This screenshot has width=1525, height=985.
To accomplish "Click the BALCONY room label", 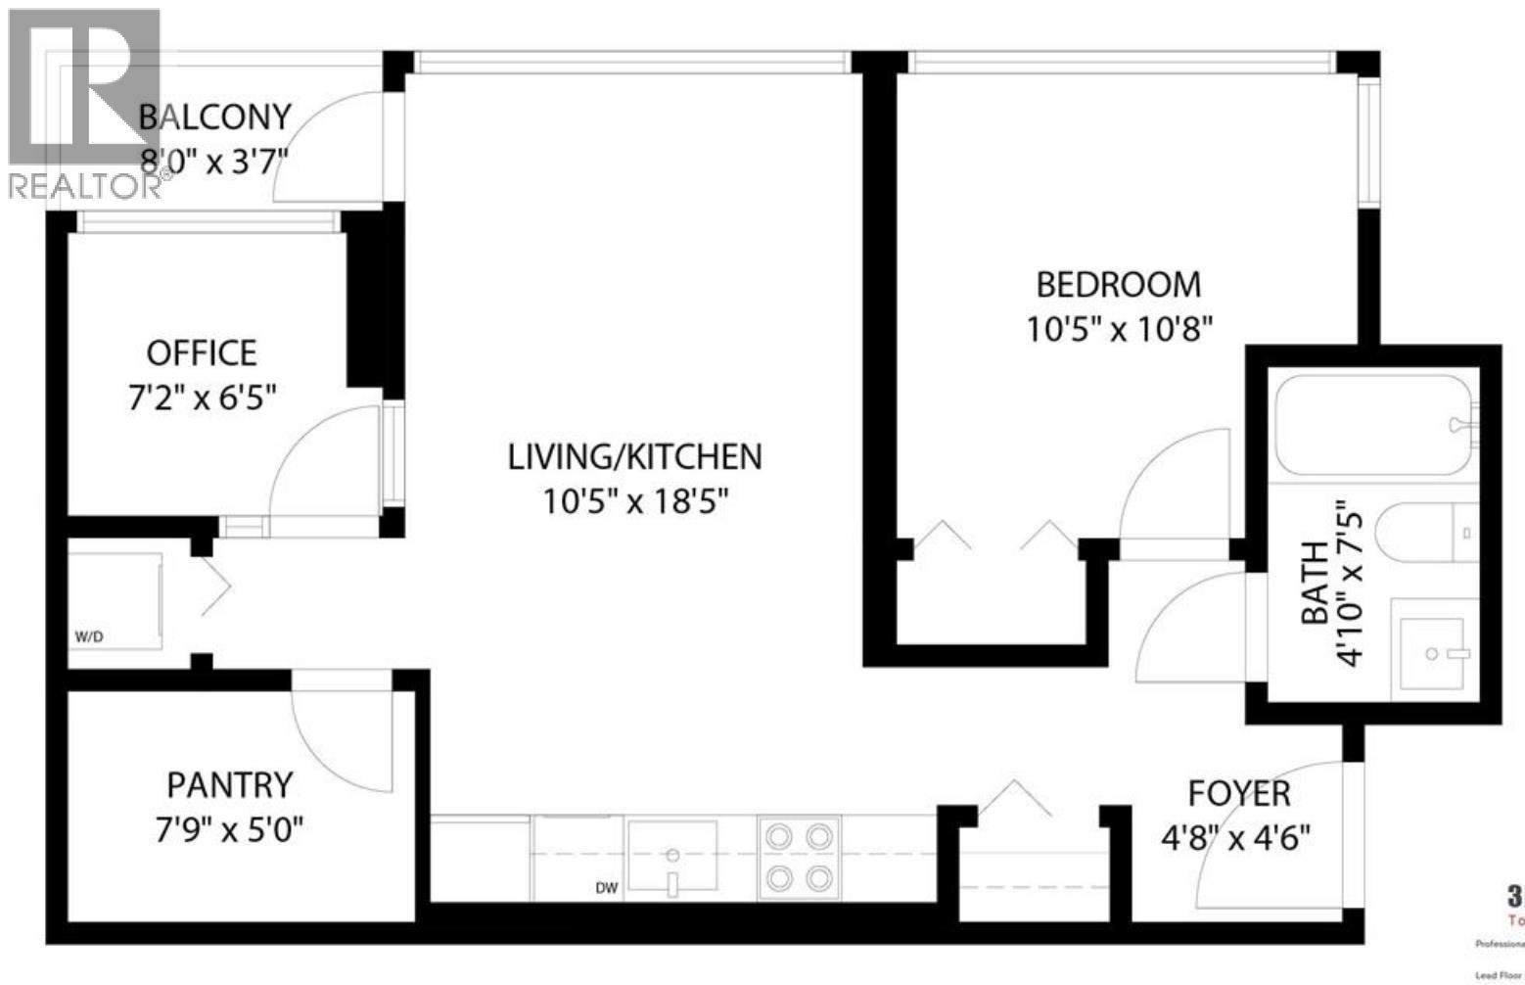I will point(214,117).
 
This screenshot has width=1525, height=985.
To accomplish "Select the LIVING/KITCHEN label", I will point(634,456).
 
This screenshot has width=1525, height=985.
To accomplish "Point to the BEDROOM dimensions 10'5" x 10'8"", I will point(1119,329).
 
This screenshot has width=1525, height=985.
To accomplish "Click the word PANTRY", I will point(229,785).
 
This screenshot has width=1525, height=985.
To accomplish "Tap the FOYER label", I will point(1239,792).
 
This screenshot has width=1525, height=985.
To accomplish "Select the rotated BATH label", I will point(1316,583).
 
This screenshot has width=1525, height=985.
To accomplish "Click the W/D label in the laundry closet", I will point(89,637).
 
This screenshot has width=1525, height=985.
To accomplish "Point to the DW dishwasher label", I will point(607,888).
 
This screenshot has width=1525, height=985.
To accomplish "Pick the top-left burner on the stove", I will point(779,836).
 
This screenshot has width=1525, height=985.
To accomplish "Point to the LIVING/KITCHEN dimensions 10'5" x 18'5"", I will point(636,502).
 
